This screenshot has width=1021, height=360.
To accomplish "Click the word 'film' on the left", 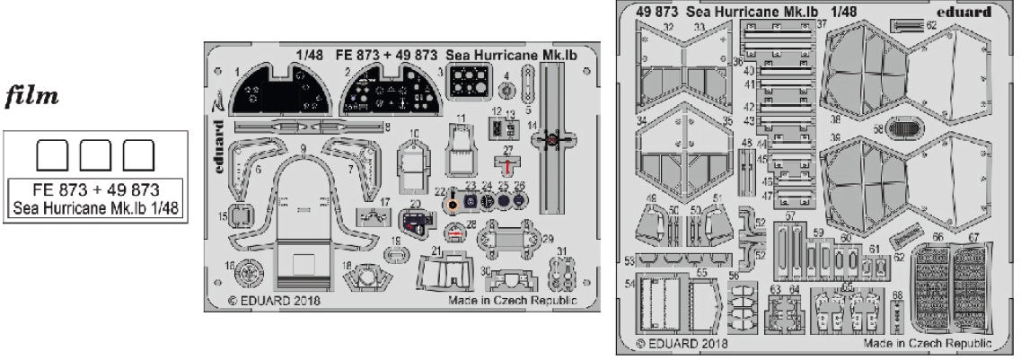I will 34,96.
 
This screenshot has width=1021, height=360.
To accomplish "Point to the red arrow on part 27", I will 508,167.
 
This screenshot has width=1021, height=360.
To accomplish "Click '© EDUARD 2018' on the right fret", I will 681,342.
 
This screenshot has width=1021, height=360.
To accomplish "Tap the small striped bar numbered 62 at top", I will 908,25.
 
